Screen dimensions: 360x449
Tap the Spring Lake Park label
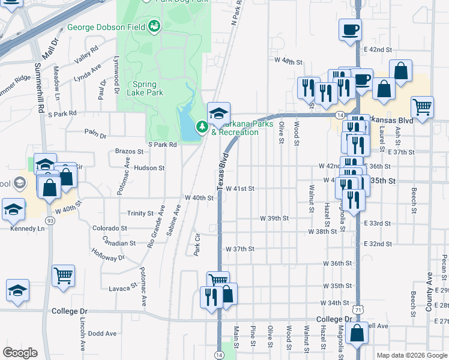pyautogui.click(x=145, y=88)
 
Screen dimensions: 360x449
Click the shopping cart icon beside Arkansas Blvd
pyautogui.click(x=423, y=109)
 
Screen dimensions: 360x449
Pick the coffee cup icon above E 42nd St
pyautogui.click(x=350, y=29)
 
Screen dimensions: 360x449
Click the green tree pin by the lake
pyautogui.click(x=202, y=127)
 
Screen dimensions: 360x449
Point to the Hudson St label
pyautogui.click(x=149, y=169)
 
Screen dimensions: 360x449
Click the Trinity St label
pyautogui.click(x=140, y=214)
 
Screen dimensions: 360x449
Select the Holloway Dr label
pyautogui.click(x=109, y=257)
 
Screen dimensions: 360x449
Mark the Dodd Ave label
pyautogui.click(x=101, y=333)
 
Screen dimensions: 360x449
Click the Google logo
pyautogui.click(x=20, y=353)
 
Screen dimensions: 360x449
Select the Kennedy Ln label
pyautogui.click(x=27, y=229)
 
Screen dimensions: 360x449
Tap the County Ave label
pyautogui.click(x=429, y=292)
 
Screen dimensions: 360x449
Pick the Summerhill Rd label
pyautogui.click(x=39, y=90)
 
